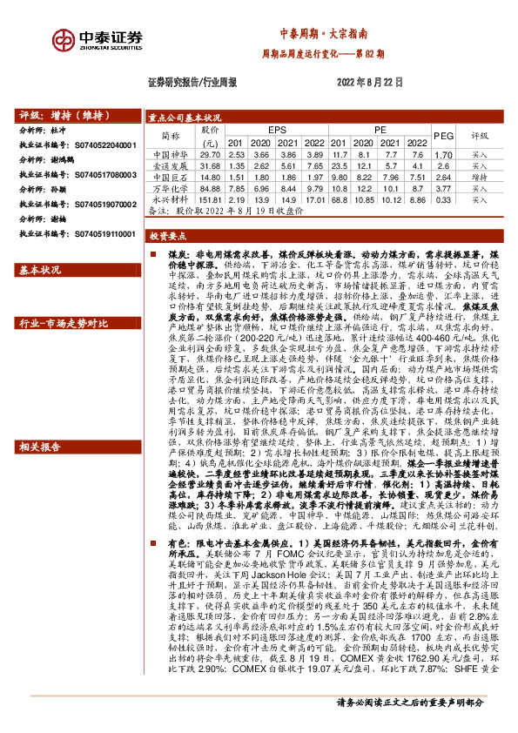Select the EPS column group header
click(276, 130)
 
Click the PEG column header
click(444, 136)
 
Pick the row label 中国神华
click(165, 153)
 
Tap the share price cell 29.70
click(210, 153)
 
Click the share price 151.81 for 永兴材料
click(210, 199)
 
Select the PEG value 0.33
click(444, 199)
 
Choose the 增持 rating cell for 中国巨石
click(480, 176)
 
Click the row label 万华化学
click(165, 188)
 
